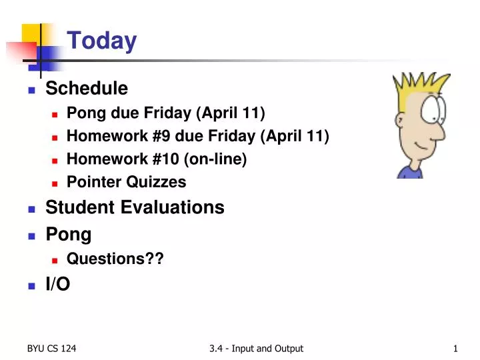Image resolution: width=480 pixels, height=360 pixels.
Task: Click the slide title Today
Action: tap(101, 41)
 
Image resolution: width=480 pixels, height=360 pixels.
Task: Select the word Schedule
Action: tap(86, 88)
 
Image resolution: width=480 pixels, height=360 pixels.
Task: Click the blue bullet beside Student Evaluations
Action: tap(31, 209)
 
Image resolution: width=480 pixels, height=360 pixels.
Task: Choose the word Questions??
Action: tap(115, 259)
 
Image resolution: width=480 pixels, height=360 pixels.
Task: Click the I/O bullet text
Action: tap(57, 284)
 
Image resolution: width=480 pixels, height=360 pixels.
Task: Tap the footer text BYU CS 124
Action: tap(51, 348)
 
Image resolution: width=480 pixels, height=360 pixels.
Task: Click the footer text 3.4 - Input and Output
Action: tap(255, 348)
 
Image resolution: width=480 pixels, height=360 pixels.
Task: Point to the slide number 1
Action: tap(455, 348)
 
